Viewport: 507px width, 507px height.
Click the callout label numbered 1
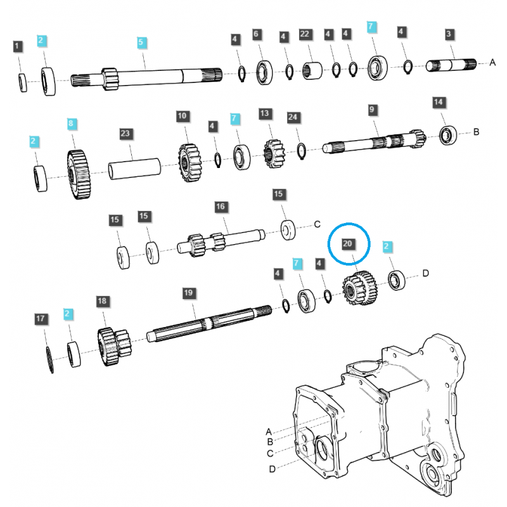18,46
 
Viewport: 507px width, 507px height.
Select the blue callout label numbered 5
142,42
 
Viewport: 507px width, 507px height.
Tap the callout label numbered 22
305,34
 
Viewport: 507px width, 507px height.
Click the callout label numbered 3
449,34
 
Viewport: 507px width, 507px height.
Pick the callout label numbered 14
439,102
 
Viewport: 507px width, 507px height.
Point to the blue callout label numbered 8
72,122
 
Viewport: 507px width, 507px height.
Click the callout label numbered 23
125,134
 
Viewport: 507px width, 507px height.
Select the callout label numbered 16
220,207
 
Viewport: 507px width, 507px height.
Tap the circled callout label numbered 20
347,243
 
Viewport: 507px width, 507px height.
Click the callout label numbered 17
40,318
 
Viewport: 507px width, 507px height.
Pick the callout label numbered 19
188,293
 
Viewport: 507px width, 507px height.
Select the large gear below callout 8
78,175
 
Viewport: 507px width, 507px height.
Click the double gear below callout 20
360,290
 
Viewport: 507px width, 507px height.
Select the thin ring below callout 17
49,361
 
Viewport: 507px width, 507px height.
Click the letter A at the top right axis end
492,62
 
